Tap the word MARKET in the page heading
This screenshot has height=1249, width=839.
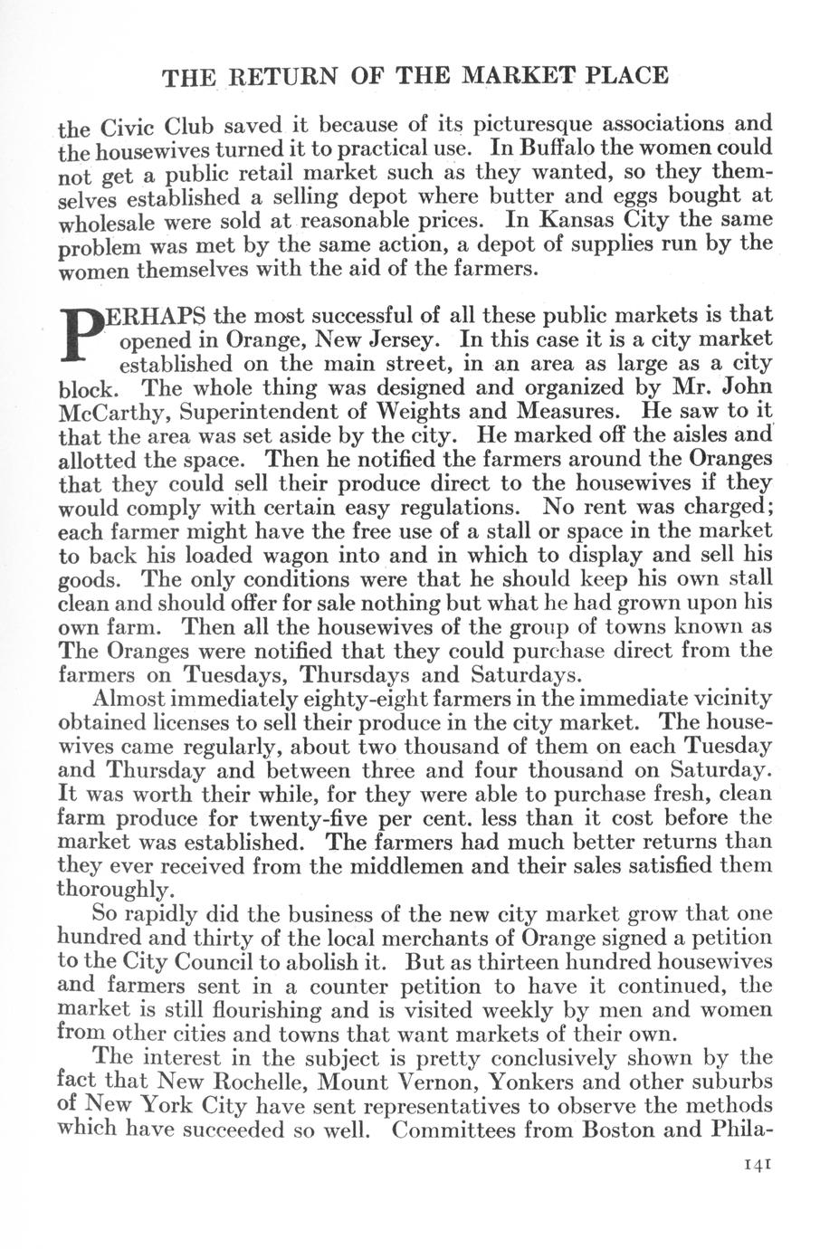(x=510, y=75)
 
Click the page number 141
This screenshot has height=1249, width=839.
(x=755, y=1166)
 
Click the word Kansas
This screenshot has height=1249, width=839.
(x=569, y=220)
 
